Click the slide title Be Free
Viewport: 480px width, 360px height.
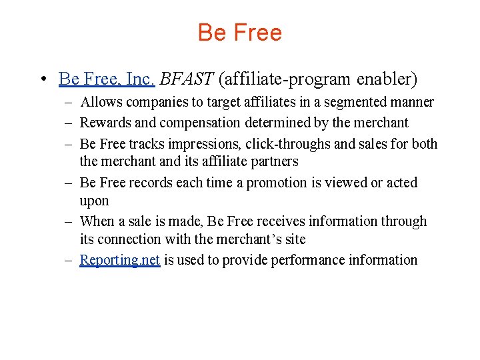pos(240,33)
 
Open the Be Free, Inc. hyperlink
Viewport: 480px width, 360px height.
pos(107,79)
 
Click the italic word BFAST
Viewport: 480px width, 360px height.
pos(186,79)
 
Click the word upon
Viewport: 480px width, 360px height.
pos(94,201)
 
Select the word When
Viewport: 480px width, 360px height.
pos(97,221)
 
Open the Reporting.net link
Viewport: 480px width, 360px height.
pos(119,260)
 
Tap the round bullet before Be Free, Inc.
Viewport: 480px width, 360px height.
pos(42,80)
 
